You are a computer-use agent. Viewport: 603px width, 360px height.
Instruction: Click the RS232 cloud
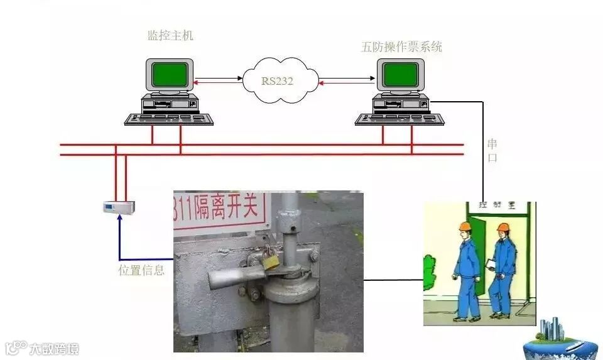(277, 80)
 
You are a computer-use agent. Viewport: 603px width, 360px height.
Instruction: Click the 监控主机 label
(170, 36)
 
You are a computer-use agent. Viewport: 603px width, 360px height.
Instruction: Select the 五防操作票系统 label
(401, 47)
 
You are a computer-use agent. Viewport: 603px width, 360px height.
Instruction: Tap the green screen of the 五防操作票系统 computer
(401, 75)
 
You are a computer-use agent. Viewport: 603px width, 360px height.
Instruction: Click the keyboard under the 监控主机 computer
(168, 119)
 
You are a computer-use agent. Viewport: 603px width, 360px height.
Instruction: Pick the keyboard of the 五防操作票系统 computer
(399, 119)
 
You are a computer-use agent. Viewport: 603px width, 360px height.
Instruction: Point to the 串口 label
(492, 151)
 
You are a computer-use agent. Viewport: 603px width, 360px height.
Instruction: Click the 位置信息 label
(141, 271)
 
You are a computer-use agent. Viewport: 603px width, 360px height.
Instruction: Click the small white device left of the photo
(119, 205)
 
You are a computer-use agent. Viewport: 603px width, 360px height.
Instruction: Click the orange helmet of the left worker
(465, 226)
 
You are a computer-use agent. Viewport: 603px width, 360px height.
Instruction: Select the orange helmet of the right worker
(502, 227)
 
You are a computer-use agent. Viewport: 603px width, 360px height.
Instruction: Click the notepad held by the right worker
(491, 265)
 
